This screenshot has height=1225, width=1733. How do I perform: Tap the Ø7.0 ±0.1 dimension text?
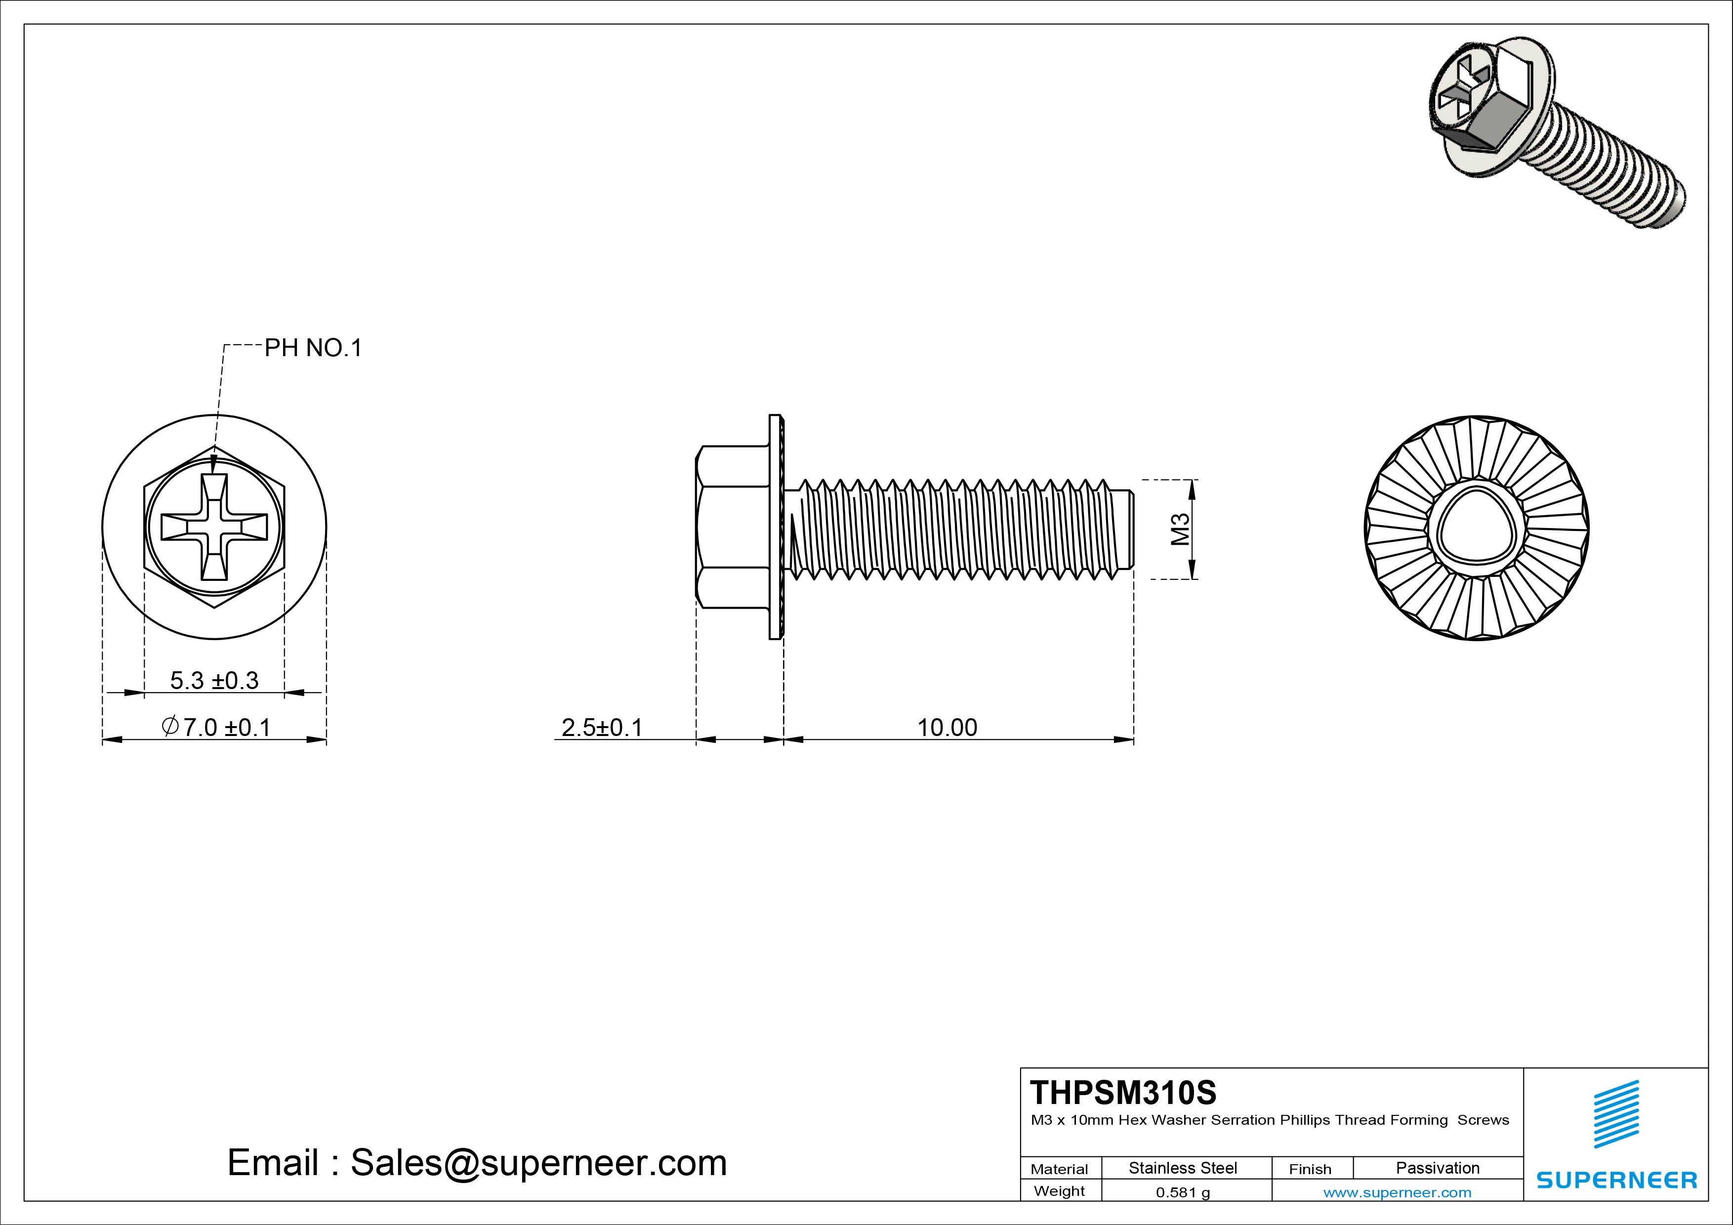216,728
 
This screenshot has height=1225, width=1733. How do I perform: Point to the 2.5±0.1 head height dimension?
602,728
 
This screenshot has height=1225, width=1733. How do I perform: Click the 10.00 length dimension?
947,728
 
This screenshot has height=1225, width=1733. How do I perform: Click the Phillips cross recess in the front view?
214,527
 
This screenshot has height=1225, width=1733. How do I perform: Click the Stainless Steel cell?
1182,1168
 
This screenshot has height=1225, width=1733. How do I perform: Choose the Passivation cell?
1437,1168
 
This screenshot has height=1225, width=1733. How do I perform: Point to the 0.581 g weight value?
1182,1192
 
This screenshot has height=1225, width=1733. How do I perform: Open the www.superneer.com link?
1397,1192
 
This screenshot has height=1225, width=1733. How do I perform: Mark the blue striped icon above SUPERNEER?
1616,1114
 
